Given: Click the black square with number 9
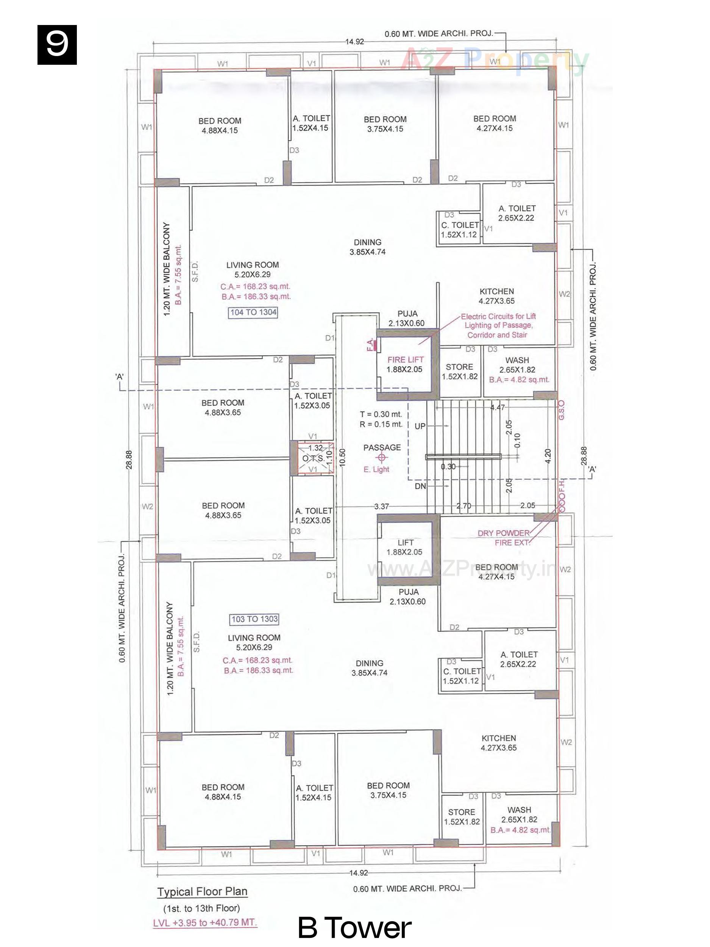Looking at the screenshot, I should pyautogui.click(x=57, y=45).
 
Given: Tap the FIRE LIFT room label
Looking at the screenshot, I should pyautogui.click(x=405, y=359).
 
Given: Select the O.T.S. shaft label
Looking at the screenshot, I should pyautogui.click(x=313, y=458).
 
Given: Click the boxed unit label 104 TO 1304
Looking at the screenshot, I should pyautogui.click(x=253, y=312).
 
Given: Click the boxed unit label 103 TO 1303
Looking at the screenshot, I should pyautogui.click(x=254, y=619).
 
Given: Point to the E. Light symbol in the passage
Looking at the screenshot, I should pyautogui.click(x=382, y=457).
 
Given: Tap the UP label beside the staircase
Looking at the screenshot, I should pyautogui.click(x=420, y=427).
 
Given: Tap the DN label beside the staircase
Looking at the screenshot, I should pyautogui.click(x=420, y=486).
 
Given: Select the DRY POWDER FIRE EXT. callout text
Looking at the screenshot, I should pyautogui.click(x=504, y=538).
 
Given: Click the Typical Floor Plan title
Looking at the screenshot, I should pyautogui.click(x=202, y=891).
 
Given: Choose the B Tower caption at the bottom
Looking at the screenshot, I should pyautogui.click(x=354, y=927).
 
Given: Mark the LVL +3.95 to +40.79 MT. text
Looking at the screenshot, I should pyautogui.click(x=205, y=922).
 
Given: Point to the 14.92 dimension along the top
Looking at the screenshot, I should pyautogui.click(x=354, y=42).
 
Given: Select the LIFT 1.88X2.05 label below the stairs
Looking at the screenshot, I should pyautogui.click(x=405, y=547).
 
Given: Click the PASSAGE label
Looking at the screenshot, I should pyautogui.click(x=382, y=447).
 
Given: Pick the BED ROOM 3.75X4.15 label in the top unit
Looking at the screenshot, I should pyautogui.click(x=385, y=124).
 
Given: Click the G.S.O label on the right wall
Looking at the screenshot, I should pyautogui.click(x=562, y=410).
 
